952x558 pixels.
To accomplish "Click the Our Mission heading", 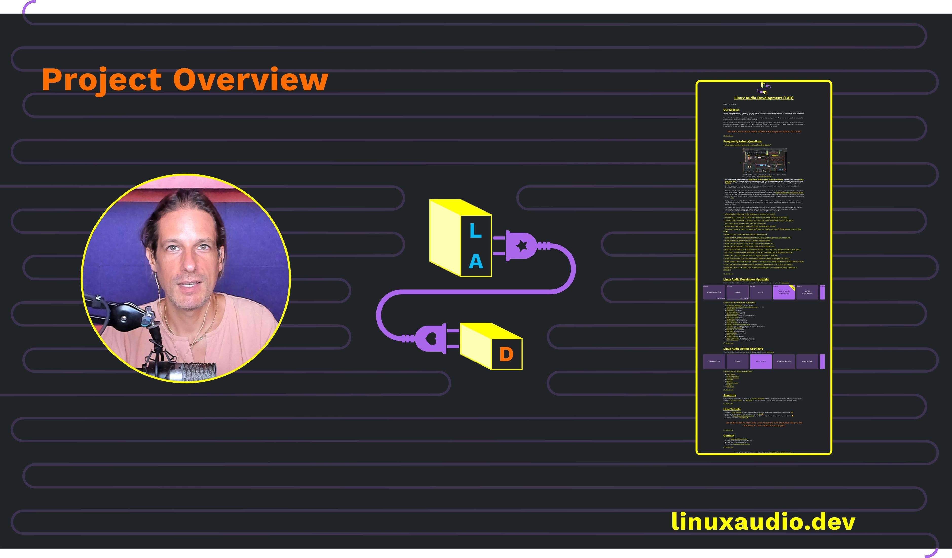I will [731, 110].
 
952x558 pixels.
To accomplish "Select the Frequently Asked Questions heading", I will [742, 141].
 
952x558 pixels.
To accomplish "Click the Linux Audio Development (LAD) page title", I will [764, 98].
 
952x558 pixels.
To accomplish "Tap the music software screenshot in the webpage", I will [764, 161].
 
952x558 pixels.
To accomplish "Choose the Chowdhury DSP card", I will [714, 292].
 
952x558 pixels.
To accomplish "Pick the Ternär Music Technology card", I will [784, 292].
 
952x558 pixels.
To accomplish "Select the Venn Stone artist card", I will [760, 361].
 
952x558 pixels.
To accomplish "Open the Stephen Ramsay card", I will [784, 361].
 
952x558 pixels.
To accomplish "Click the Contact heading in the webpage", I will [729, 435].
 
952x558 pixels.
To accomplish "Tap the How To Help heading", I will [732, 409].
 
